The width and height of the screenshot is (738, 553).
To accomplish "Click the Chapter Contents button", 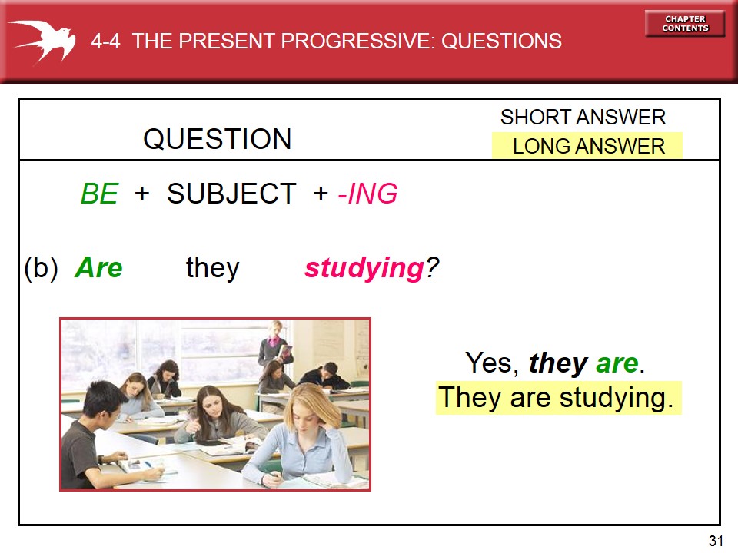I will pos(685,24).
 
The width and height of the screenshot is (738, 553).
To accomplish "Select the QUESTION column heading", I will pos(218,139).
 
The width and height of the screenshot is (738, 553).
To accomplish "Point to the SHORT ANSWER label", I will pos(583,118).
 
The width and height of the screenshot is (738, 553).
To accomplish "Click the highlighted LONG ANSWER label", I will pos(588,146).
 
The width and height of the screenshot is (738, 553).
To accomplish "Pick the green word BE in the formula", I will pos(99,194).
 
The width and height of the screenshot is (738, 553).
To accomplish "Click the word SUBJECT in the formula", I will pos(231,194).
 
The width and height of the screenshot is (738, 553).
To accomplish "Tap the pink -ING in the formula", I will pos(368,194).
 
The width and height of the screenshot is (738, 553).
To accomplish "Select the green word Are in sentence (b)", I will pos(98,268).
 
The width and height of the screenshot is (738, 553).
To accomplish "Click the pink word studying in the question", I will pos(364,269).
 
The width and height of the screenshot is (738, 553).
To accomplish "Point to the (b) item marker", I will pos(42,268).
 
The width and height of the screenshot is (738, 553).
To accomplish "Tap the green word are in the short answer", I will pos(617,363).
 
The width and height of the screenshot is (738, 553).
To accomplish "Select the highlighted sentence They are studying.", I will pos(558,398).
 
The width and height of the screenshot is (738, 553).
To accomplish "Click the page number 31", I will pos(716,541).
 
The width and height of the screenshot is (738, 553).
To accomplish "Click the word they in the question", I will pos(213,268).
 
